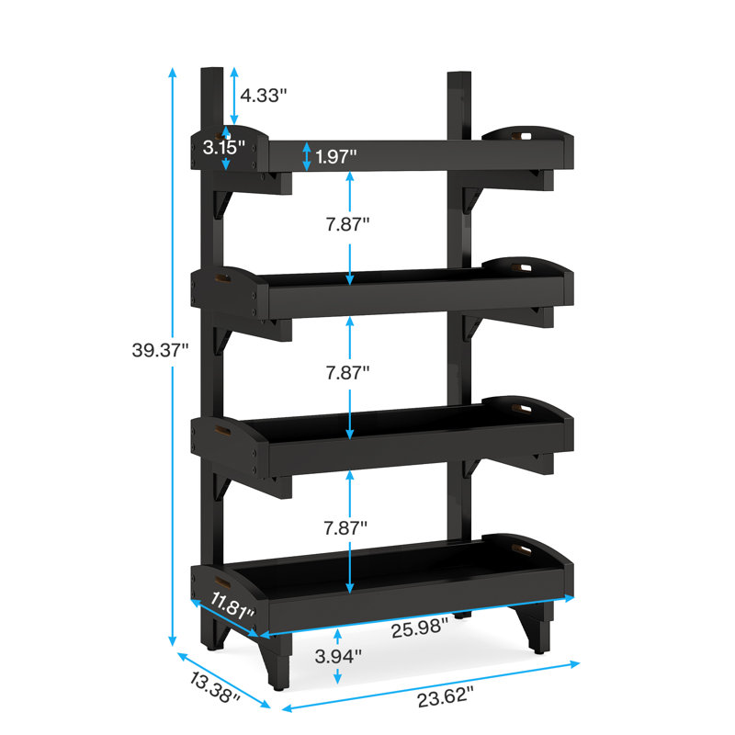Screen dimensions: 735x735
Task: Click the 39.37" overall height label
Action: pos(160,350)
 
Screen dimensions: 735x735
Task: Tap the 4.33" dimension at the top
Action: pos(263,96)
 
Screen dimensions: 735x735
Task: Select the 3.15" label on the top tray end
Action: pos(223,147)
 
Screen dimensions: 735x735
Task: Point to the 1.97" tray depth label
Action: pos(335,156)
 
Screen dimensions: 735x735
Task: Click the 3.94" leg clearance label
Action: pos(338,656)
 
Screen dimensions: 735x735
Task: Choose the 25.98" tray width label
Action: pos(420,628)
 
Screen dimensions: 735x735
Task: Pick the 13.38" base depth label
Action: pos(215,686)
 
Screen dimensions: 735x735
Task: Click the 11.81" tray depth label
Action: pos(232,605)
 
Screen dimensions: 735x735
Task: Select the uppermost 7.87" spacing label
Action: pos(348,224)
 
